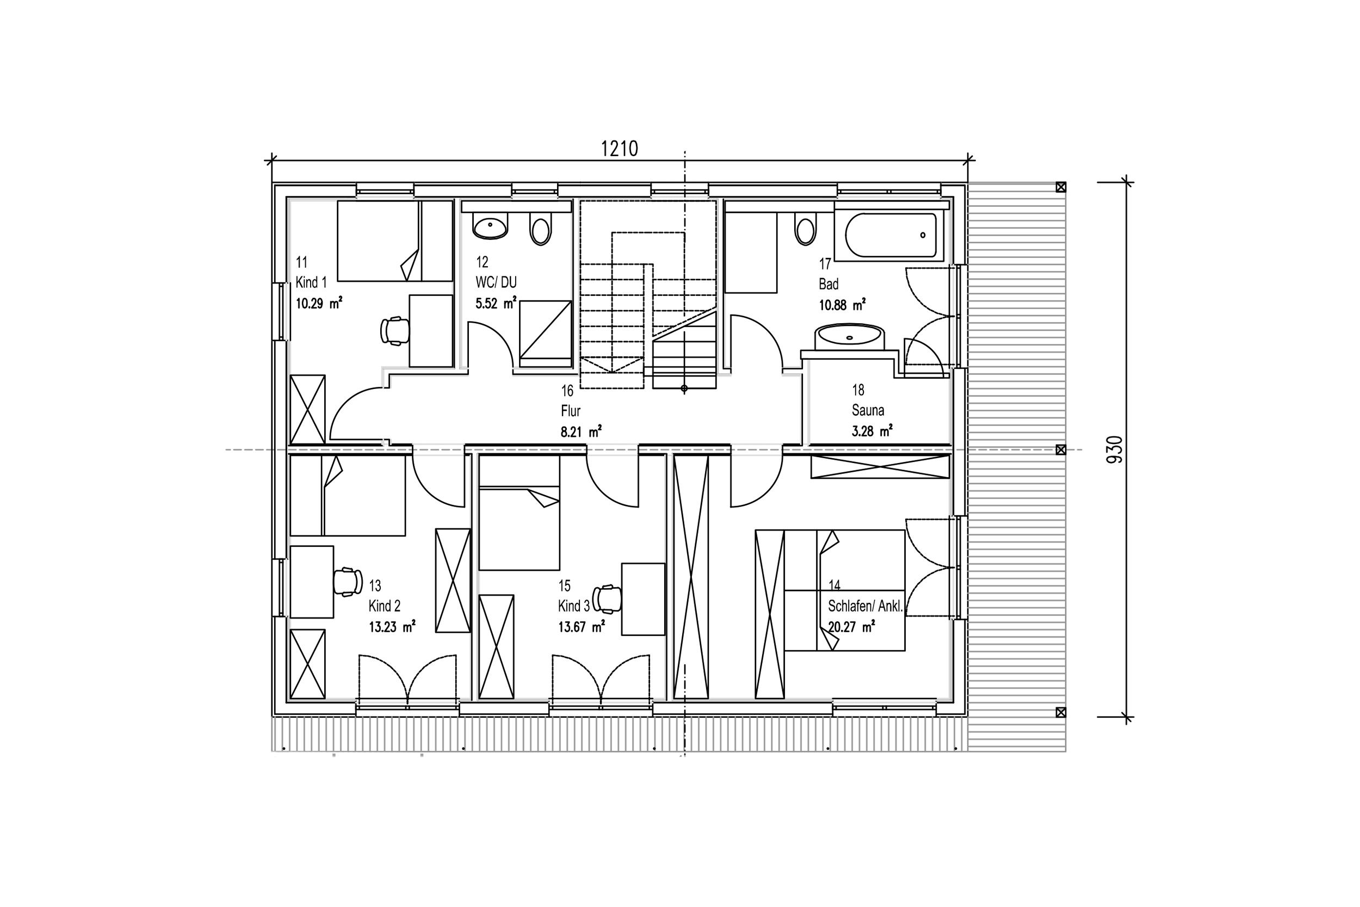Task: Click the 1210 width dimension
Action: coord(619,149)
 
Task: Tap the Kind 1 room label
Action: coord(311,282)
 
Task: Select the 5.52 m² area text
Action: coord(496,303)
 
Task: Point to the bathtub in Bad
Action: coord(891,235)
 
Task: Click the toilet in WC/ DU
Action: coord(541,229)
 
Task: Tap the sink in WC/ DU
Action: coord(490,226)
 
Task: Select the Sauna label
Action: coord(867,410)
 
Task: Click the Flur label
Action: coord(570,411)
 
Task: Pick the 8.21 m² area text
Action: coord(581,431)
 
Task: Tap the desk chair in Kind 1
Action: coord(395,331)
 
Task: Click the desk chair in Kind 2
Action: coord(348,582)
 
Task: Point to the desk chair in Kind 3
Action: coord(607,599)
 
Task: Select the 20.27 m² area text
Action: coord(851,626)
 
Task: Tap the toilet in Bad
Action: coord(805,229)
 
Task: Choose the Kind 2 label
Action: coord(385,606)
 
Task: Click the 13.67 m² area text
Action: coord(581,626)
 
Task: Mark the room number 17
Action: coord(825,264)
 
